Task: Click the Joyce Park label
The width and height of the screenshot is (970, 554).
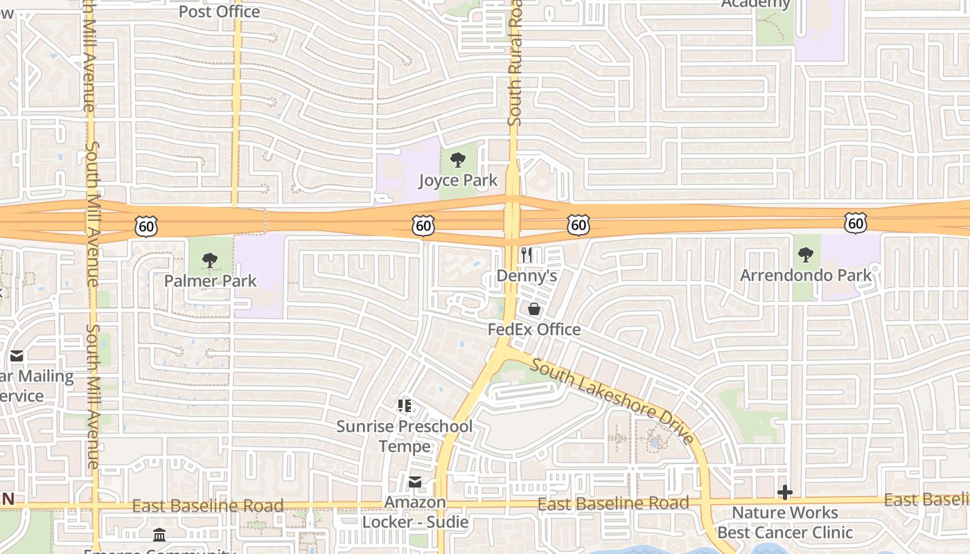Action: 458,181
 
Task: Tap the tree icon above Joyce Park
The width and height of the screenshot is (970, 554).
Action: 457,161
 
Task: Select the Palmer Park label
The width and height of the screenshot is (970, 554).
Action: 210,281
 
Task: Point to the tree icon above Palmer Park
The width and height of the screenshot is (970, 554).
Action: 209,261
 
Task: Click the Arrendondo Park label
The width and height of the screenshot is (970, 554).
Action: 806,275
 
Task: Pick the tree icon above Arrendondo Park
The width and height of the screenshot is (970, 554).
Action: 805,255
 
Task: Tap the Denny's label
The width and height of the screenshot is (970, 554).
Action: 527,276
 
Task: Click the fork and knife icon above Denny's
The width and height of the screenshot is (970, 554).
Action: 527,255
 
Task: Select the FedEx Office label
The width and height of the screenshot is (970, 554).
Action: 534,329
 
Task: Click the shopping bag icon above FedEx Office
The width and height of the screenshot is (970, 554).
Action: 534,309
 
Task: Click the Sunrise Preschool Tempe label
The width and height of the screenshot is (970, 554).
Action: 405,436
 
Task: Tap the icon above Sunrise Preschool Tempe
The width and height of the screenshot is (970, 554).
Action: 405,406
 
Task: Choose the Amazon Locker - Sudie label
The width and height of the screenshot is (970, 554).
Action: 415,512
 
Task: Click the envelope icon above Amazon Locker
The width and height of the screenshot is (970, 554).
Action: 415,482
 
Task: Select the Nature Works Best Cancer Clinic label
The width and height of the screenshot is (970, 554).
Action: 785,523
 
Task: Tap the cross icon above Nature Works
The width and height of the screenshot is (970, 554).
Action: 785,492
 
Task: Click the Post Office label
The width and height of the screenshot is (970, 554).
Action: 219,11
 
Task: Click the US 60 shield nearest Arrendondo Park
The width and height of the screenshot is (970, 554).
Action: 856,223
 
